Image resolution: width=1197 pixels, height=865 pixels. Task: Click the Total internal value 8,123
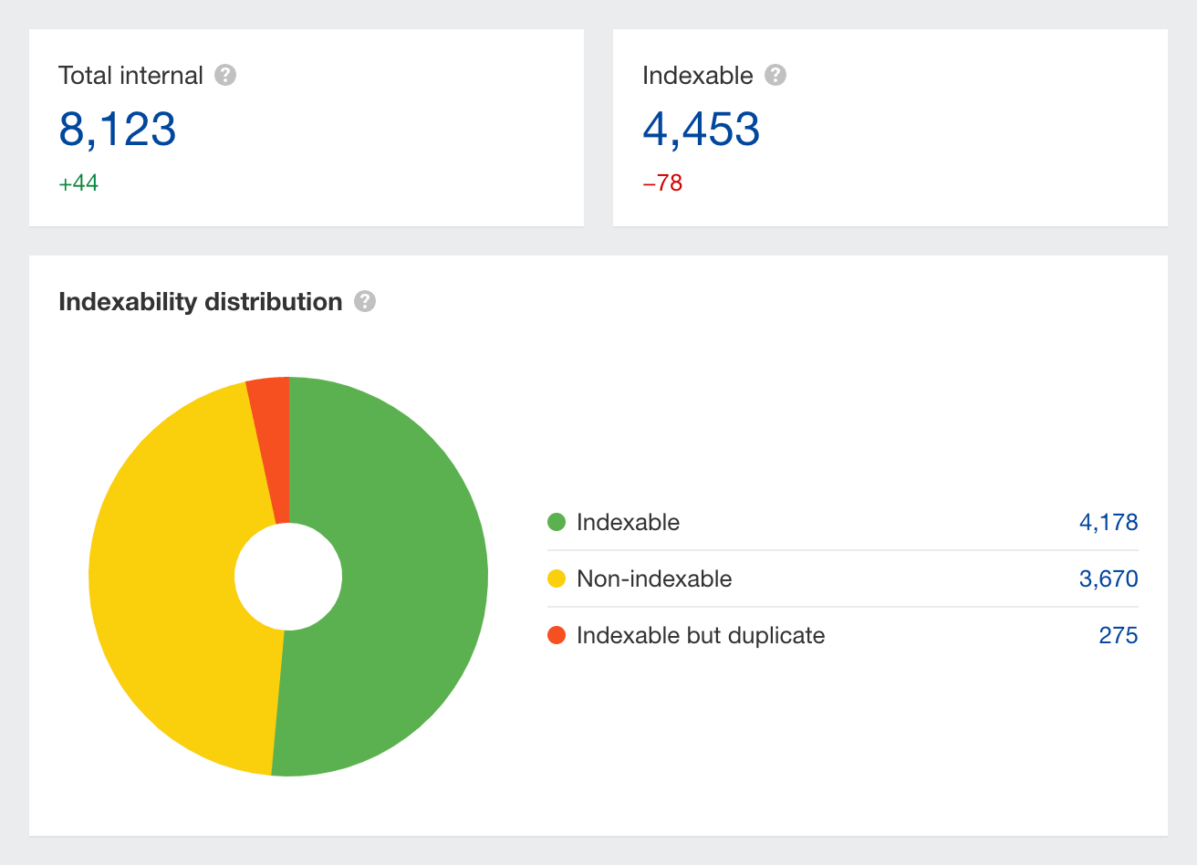(117, 129)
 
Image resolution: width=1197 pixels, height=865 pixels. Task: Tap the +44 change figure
(78, 183)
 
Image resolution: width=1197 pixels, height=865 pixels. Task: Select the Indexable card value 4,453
(701, 129)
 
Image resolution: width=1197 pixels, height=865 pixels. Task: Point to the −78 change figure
(662, 183)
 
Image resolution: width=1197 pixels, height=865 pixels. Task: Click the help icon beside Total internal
(225, 75)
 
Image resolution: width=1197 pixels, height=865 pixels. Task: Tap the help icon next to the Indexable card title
(775, 75)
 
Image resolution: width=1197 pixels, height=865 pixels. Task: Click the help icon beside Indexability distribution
(365, 301)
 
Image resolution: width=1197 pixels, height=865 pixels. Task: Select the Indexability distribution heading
(200, 302)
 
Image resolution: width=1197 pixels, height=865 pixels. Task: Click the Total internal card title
(130, 76)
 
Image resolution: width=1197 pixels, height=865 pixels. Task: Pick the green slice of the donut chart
(401, 575)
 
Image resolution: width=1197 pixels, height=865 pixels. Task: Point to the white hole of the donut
(288, 577)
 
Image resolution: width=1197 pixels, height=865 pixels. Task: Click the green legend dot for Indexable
(557, 522)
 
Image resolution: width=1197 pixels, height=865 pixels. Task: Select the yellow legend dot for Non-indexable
(557, 578)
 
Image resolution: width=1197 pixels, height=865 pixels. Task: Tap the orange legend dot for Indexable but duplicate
(557, 635)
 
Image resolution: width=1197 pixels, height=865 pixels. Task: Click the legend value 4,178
(1109, 523)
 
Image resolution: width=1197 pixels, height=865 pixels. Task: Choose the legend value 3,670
(1109, 579)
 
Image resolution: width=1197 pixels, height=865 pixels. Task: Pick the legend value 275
(1119, 636)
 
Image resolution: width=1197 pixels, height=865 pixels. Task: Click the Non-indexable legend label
(654, 579)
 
